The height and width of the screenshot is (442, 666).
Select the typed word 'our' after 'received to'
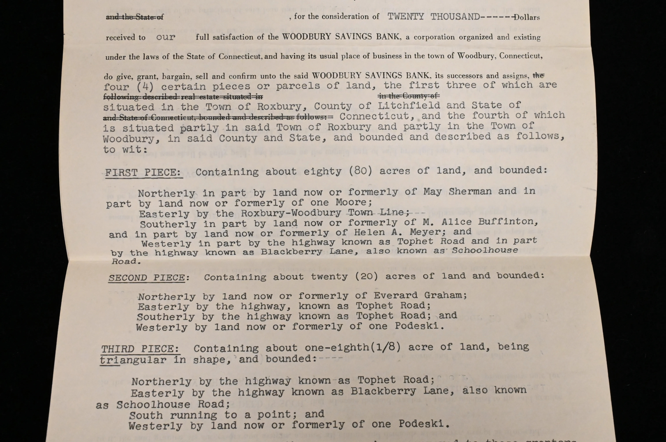pos(166,37)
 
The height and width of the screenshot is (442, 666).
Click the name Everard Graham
pos(420,295)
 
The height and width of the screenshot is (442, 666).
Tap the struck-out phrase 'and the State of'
pos(135,17)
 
